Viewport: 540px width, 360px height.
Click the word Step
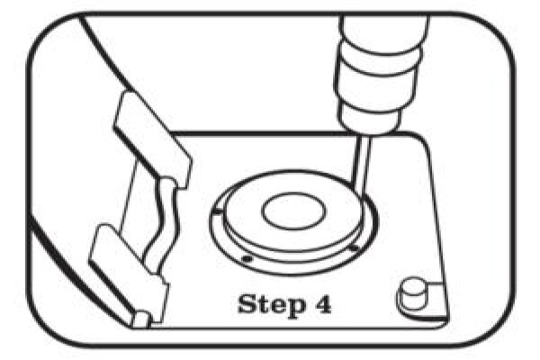point(272,304)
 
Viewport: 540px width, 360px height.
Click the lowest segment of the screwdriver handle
point(369,116)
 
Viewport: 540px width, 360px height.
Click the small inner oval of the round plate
point(293,211)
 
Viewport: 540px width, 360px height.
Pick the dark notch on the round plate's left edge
point(218,211)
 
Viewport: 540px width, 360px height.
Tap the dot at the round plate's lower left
point(247,258)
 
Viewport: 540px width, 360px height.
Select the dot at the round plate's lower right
point(354,247)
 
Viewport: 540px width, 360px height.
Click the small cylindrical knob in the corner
point(412,294)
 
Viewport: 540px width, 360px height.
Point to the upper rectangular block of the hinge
point(151,138)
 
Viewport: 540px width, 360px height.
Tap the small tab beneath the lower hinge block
point(142,319)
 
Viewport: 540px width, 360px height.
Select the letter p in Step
point(295,308)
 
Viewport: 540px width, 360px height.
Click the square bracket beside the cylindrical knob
point(437,300)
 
